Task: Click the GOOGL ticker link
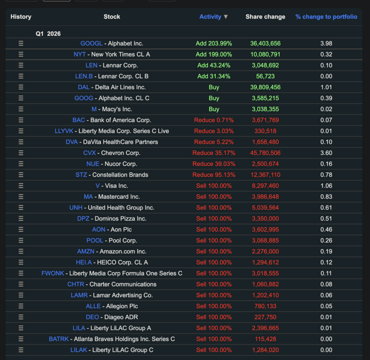pos(91,43)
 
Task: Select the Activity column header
pos(210,17)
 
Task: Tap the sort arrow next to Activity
pos(226,17)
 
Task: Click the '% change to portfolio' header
pos(326,17)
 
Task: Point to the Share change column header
pos(265,17)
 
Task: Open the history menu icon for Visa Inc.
pos(21,186)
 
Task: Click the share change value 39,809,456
pos(265,87)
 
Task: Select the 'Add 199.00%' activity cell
pos(214,55)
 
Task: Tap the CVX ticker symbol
pos(89,153)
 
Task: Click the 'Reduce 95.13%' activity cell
pos(214,175)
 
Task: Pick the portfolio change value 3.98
pos(326,43)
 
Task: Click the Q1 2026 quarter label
pos(48,34)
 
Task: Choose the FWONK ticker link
pos(53,274)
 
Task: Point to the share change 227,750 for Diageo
pos(265,317)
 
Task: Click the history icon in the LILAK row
pos(21,350)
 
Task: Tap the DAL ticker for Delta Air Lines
pos(84,87)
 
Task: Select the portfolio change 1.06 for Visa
pos(326,186)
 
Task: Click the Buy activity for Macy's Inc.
pos(214,109)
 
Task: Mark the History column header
pos(21,17)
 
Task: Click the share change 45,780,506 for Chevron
pos(265,153)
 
